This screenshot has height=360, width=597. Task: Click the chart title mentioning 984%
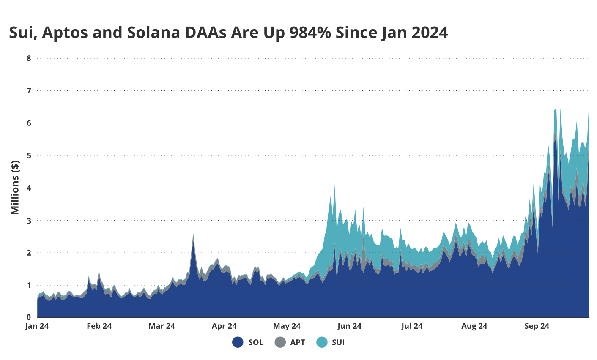[x=228, y=33]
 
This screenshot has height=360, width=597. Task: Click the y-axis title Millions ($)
[x=15, y=187]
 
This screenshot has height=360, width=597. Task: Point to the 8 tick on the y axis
[x=29, y=58]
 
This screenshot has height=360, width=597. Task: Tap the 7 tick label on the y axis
[x=29, y=91]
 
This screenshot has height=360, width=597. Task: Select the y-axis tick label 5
[x=29, y=155]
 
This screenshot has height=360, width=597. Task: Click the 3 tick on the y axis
[x=29, y=221]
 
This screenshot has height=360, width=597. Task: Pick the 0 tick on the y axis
[x=29, y=317]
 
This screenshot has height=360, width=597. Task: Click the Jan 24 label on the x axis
[x=37, y=326]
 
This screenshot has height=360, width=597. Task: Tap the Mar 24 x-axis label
[x=162, y=326]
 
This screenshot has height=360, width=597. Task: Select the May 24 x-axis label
[x=287, y=326]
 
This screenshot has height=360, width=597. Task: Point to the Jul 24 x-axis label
[x=412, y=326]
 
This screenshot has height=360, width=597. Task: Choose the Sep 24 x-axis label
[x=537, y=326]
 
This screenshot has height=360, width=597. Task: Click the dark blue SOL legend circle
[x=238, y=342]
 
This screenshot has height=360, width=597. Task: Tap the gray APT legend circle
[x=280, y=342]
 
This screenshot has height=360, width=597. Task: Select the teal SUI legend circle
[x=322, y=342]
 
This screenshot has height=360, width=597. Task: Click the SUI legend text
[x=338, y=342]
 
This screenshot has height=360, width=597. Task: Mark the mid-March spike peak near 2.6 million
[x=193, y=234]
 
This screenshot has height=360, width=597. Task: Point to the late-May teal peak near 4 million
[x=335, y=185]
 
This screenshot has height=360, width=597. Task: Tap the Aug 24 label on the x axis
[x=474, y=326]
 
